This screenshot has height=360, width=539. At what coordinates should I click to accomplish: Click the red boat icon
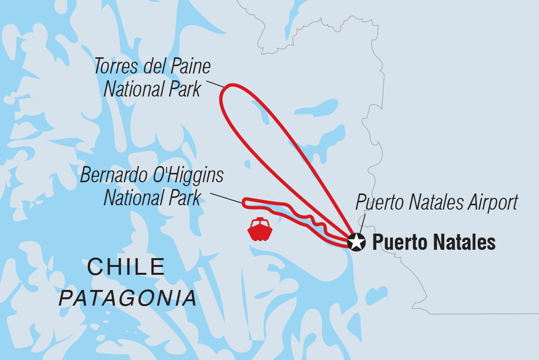[x=260, y=229]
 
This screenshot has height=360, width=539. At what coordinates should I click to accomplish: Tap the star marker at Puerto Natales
[x=356, y=242]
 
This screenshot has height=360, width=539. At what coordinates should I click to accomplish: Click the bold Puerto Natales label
[x=434, y=242]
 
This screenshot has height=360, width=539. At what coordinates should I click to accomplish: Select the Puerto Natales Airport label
[x=436, y=202]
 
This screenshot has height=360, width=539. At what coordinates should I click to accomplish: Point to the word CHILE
[x=126, y=267]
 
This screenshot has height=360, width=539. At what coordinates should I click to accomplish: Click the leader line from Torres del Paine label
[x=215, y=84]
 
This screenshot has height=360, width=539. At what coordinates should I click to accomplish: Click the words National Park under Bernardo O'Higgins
[x=152, y=197]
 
